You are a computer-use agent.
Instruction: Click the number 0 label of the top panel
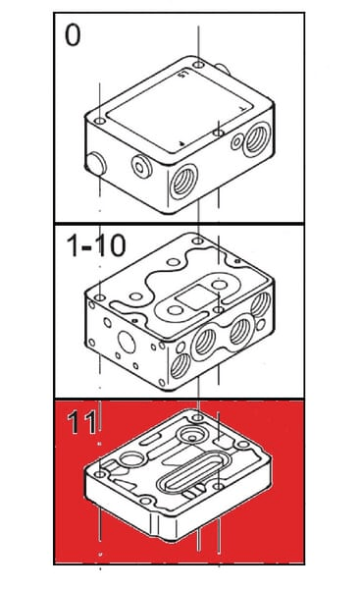73,35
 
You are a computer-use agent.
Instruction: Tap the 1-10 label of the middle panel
96,245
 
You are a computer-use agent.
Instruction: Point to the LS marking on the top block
182,74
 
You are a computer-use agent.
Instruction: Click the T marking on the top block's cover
243,109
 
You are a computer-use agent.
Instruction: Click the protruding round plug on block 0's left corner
96,163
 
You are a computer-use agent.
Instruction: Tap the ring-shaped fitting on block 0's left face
141,167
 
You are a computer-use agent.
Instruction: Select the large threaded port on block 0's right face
257,139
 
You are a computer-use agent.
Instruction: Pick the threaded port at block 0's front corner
183,182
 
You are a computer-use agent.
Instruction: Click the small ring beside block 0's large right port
236,142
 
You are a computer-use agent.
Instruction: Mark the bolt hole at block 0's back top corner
198,64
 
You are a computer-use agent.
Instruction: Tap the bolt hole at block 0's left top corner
100,122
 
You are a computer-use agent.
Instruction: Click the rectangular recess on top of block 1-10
195,297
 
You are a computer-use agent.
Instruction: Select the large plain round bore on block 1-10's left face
127,342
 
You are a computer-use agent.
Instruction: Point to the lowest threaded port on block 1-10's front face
180,366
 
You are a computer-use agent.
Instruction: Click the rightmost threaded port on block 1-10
261,304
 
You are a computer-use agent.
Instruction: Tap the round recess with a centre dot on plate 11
192,435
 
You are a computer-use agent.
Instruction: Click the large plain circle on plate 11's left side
132,459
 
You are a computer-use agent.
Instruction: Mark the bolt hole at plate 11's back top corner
198,417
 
